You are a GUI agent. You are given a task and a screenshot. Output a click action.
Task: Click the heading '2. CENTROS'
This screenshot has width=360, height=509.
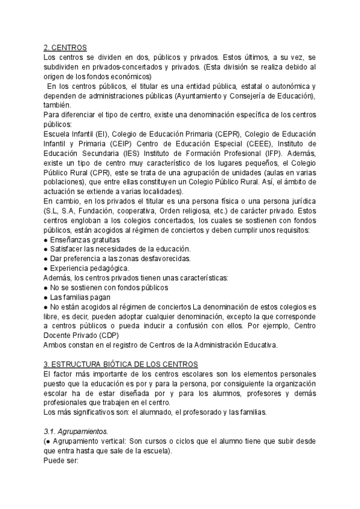click(x=65, y=47)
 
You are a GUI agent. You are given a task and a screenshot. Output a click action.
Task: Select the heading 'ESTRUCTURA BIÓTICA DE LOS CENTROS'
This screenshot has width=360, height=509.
click(x=122, y=364)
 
